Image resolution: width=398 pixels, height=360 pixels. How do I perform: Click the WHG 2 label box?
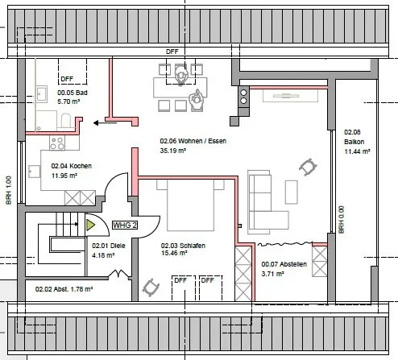125,225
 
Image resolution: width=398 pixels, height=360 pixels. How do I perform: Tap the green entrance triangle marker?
90,225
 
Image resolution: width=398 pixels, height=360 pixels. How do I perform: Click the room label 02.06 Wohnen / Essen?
193,141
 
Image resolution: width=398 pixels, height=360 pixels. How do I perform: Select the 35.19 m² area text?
173,151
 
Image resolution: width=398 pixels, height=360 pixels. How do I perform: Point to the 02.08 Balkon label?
354,137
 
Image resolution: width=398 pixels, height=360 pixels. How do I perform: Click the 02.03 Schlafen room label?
183,246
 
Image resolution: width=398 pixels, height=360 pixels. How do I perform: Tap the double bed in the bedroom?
190,205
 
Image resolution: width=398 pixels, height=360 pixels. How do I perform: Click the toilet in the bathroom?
66,121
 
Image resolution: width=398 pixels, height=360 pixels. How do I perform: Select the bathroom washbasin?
42,94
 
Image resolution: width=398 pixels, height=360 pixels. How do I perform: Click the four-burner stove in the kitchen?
57,143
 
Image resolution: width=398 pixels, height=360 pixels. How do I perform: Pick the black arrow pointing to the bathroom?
105,123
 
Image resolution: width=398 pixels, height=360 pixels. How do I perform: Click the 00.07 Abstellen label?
284,264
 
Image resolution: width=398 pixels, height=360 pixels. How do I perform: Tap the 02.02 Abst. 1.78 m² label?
64,289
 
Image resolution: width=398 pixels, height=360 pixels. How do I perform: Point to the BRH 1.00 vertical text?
9,190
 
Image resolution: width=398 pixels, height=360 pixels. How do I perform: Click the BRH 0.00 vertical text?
341,220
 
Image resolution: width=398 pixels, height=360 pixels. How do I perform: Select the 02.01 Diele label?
109,246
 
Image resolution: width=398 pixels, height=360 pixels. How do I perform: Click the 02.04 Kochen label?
72,166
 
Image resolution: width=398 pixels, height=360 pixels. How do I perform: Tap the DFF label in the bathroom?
67,79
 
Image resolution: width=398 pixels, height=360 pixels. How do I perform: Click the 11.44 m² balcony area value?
357,151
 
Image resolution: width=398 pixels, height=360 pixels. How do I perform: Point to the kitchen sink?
35,172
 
